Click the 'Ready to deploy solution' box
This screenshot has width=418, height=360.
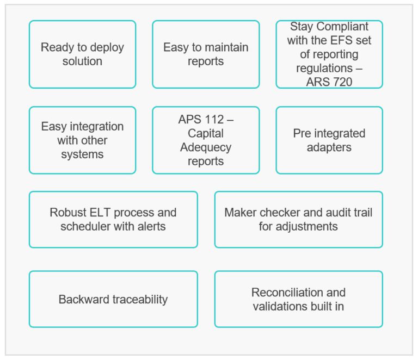[x=82, y=54]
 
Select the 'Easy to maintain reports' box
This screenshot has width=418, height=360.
[x=206, y=54]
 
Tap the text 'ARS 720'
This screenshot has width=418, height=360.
[x=329, y=83]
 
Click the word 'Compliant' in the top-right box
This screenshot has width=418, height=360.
[x=343, y=27]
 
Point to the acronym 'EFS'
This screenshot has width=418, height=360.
[x=347, y=41]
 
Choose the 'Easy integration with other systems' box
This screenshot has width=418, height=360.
[x=82, y=140]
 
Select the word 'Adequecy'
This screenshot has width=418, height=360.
[x=206, y=147]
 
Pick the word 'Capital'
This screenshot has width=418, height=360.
[x=206, y=133]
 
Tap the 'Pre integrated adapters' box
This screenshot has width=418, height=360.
[x=329, y=140]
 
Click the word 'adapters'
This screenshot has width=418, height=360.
[x=329, y=147]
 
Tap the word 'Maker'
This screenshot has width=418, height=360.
[x=239, y=212]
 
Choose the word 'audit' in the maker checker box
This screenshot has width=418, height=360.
[x=331, y=212]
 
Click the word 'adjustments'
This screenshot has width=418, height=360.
[x=298, y=226]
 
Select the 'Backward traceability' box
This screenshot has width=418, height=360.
[x=113, y=299]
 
